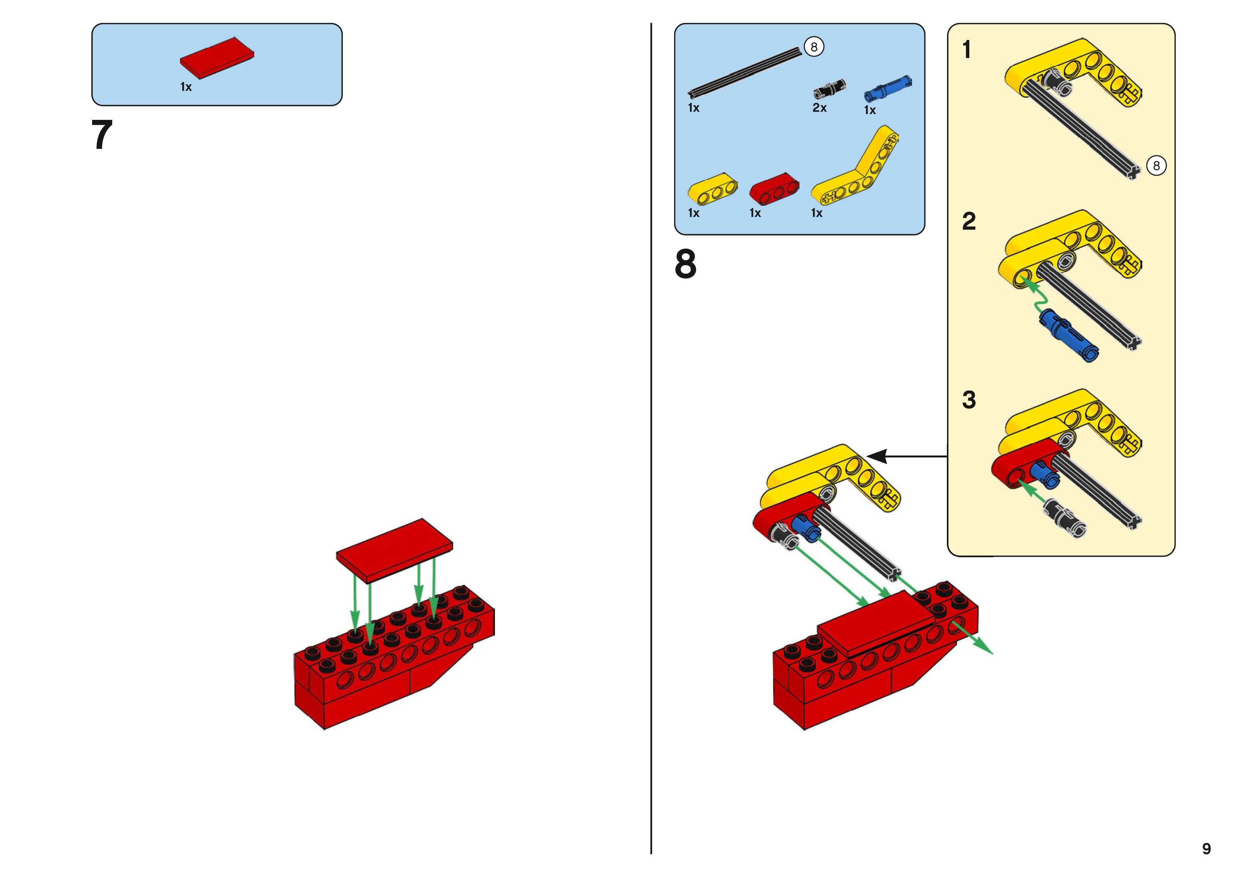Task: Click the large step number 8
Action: pos(686,264)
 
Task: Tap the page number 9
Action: pos(1207,848)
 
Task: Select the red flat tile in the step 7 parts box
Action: pos(217,56)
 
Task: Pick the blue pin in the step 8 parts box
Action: pos(888,89)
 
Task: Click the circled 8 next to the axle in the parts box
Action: pos(814,47)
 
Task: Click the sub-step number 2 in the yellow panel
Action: pos(969,222)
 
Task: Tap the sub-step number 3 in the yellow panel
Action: pos(969,400)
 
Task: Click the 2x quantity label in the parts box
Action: pos(820,108)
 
